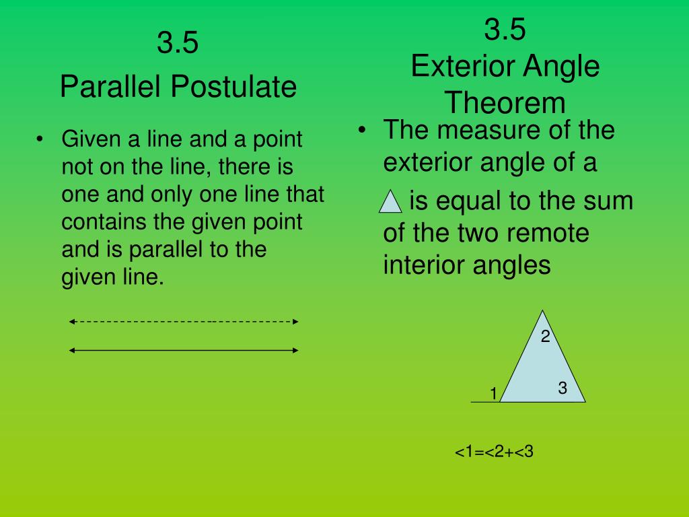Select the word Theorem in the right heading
(x=505, y=104)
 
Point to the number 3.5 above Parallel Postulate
(x=178, y=44)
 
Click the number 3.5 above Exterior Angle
(x=505, y=30)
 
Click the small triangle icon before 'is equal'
(x=390, y=201)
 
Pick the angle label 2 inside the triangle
(x=546, y=337)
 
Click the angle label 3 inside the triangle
(x=563, y=388)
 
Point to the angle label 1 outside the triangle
(x=493, y=393)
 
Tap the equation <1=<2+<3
(x=494, y=452)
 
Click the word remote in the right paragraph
(x=548, y=234)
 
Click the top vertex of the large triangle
(x=544, y=311)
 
